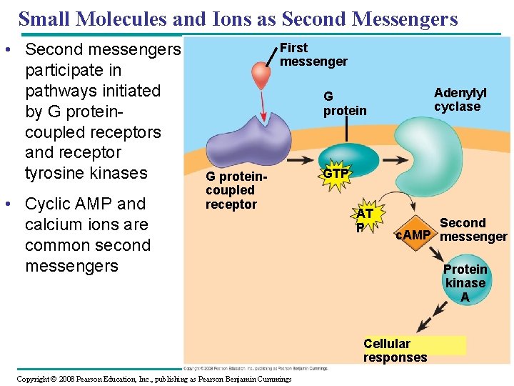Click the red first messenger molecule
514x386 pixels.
[262, 76]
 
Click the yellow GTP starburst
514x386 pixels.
[336, 174]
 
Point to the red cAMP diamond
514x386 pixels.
[413, 235]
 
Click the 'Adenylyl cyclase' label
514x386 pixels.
[460, 100]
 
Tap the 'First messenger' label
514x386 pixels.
[313, 54]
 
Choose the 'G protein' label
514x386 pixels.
[344, 104]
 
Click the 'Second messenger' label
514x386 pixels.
[473, 229]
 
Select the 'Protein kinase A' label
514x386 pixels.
[465, 283]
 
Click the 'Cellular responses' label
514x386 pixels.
[395, 350]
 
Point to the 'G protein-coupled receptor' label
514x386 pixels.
[232, 190]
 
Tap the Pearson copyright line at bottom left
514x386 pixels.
[153, 379]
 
